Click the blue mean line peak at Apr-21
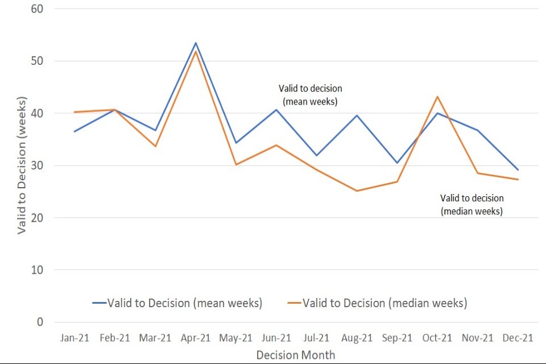(x=196, y=43)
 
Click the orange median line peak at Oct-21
(x=437, y=97)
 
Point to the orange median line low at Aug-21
(x=357, y=191)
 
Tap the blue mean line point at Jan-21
(x=75, y=131)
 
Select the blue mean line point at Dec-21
(x=518, y=169)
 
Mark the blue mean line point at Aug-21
(x=357, y=115)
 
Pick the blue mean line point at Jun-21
(x=276, y=110)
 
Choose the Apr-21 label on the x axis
(x=196, y=338)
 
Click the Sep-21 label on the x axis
(x=397, y=338)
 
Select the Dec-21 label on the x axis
(x=518, y=338)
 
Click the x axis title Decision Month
(x=296, y=355)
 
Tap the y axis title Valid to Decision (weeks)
(x=22, y=165)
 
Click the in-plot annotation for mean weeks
(x=311, y=95)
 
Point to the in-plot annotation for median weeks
(x=472, y=205)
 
